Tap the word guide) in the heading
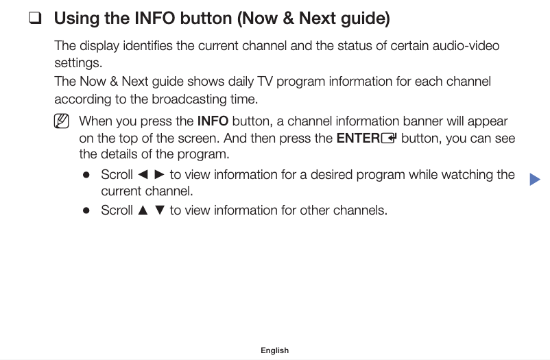(363, 19)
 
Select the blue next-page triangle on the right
(535, 180)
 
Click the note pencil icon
(62, 122)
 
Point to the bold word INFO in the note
(213, 121)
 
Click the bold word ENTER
(358, 138)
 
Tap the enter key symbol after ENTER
(389, 138)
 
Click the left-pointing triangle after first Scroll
(143, 175)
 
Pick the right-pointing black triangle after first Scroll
(159, 175)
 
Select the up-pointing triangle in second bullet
(143, 211)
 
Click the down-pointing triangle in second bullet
(160, 211)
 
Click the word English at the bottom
(274, 350)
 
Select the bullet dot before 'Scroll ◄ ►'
(86, 175)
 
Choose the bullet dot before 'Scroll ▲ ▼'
(86, 211)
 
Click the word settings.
(78, 63)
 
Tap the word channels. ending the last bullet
(360, 211)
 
